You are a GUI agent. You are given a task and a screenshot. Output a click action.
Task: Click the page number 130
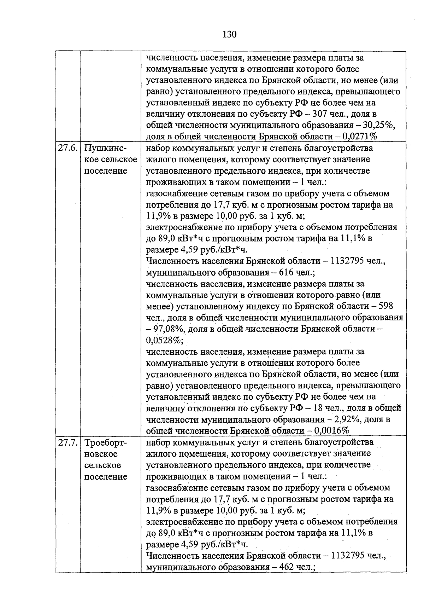[x=229, y=34]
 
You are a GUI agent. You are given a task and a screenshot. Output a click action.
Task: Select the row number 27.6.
[x=68, y=148]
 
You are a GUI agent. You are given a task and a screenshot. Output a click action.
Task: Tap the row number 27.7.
[x=68, y=443]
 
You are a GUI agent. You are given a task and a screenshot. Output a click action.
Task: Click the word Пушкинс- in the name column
[x=106, y=148]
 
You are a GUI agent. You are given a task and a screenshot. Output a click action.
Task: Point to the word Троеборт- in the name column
[x=106, y=443]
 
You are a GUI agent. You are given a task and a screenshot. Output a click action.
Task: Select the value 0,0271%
[x=358, y=137]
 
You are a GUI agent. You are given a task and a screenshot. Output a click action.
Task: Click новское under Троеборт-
[x=101, y=454]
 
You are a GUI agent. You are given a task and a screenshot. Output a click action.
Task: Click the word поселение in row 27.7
[x=106, y=477]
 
